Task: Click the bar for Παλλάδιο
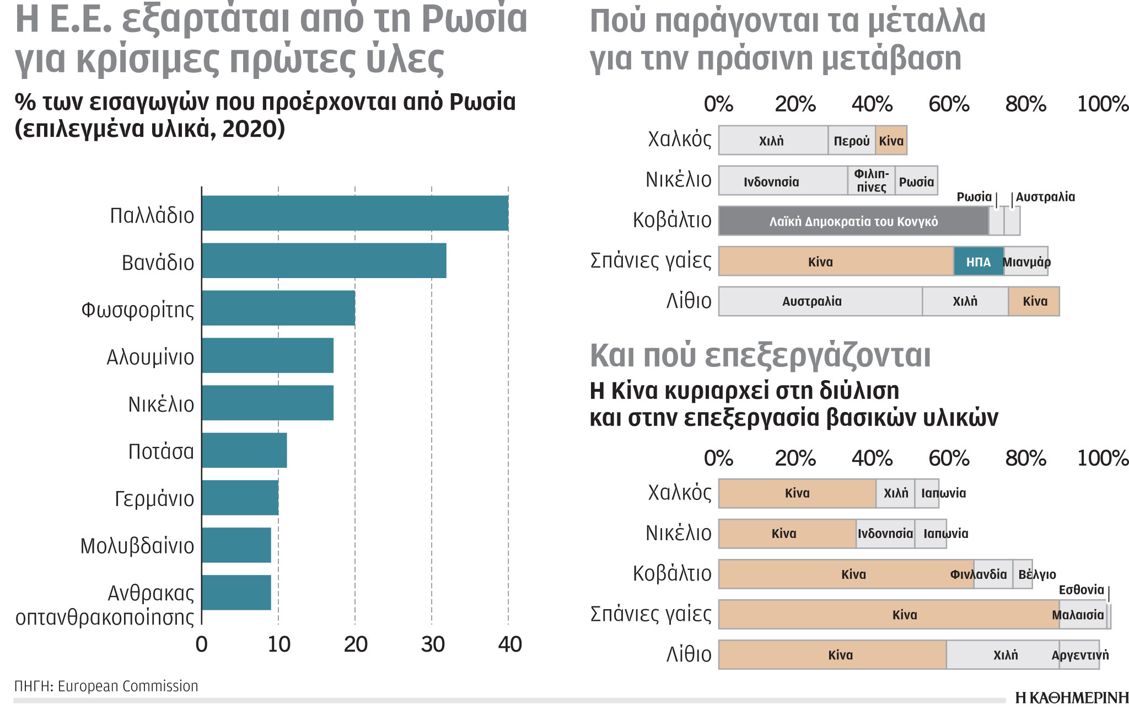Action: point(355,213)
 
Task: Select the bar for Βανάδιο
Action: point(324,260)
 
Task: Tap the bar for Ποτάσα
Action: point(244,450)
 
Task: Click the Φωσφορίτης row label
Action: point(138,310)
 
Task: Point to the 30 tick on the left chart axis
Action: point(432,644)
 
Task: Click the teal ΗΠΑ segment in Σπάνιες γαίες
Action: point(979,262)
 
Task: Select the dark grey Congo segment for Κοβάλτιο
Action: point(853,221)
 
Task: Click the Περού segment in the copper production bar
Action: point(851,141)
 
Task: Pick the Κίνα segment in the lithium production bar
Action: point(1034,301)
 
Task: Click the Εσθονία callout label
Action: point(1081,590)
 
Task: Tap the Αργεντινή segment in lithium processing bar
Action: point(1079,655)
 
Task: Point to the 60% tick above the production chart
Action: point(949,104)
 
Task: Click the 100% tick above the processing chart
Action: point(1103,458)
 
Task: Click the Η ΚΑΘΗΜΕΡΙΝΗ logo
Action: point(1071,698)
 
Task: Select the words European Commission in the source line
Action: point(128,686)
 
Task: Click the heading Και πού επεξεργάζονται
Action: point(760,355)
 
